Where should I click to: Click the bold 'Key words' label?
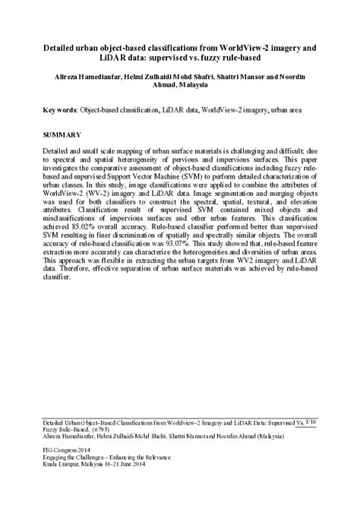click(62, 110)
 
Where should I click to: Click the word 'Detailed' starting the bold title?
click(66, 48)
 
